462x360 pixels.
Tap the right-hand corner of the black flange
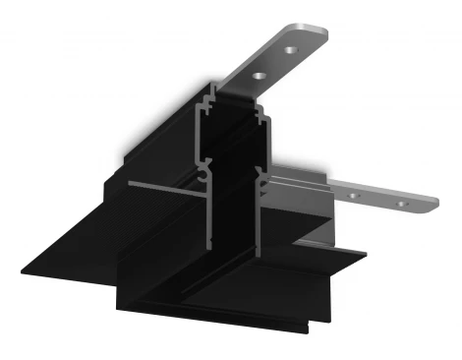click(x=364, y=258)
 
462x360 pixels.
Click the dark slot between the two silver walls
click(x=233, y=197)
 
